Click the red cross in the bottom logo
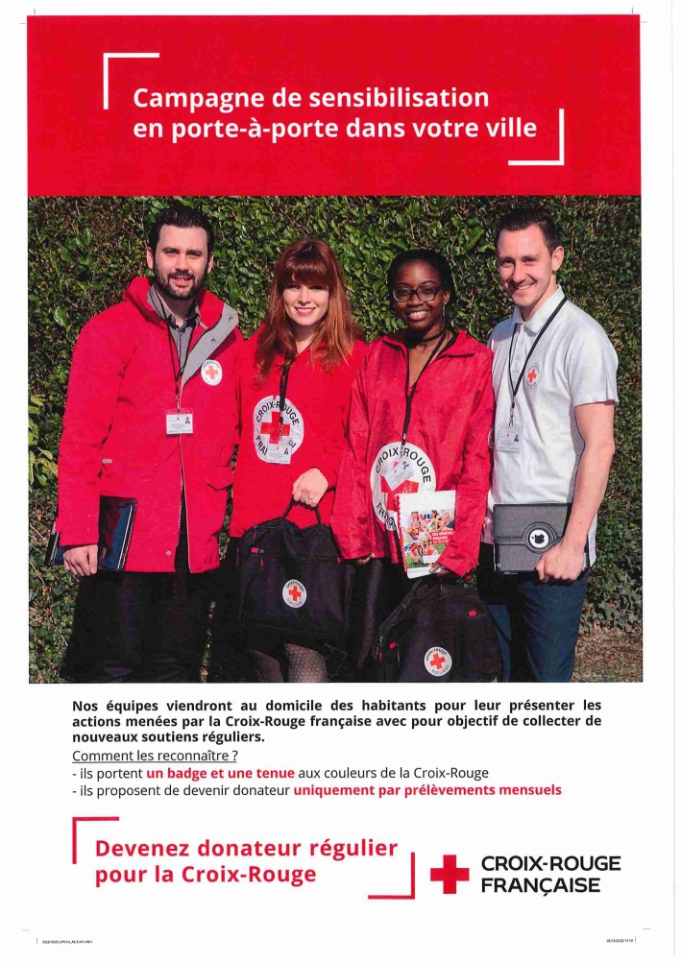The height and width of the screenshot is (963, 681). [x=449, y=874]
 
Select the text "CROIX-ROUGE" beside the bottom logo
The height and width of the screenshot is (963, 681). [x=550, y=863]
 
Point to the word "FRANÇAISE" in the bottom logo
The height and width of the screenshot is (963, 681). [x=541, y=884]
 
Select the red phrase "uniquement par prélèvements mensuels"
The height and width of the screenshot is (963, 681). [x=426, y=790]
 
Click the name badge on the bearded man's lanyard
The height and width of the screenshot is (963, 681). [x=180, y=421]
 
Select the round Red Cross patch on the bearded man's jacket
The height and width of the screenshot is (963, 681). [x=210, y=372]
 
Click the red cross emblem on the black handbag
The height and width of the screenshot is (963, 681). [x=295, y=592]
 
